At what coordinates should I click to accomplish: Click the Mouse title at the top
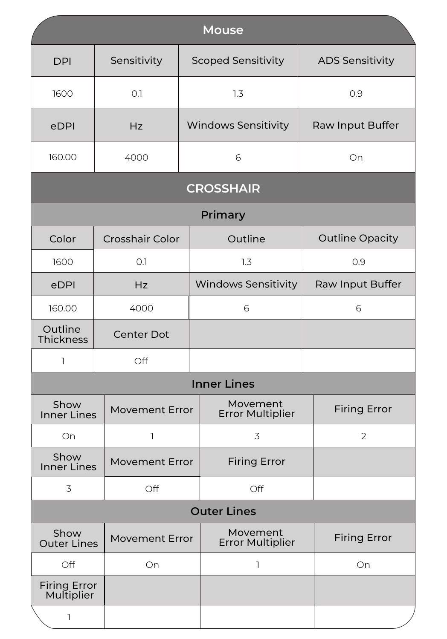pyautogui.click(x=223, y=30)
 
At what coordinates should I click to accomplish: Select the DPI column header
pyautogui.click(x=62, y=61)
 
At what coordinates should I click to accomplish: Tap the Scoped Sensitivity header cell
pyautogui.click(x=238, y=60)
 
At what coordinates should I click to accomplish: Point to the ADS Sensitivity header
pyautogui.click(x=356, y=60)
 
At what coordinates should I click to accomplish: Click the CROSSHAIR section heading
pyautogui.click(x=223, y=188)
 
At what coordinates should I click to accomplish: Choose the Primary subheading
pyautogui.click(x=223, y=215)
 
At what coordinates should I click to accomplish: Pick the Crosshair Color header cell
pyautogui.click(x=141, y=239)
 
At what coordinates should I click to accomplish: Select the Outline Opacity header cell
pyautogui.click(x=358, y=238)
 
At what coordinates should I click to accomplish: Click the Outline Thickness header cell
pyautogui.click(x=63, y=334)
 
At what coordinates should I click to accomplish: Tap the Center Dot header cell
pyautogui.click(x=141, y=334)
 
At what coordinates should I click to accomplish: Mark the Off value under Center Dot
pyautogui.click(x=141, y=361)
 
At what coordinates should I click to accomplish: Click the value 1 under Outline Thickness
pyautogui.click(x=63, y=361)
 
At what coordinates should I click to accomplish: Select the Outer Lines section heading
pyautogui.click(x=223, y=511)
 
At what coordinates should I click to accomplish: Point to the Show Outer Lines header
pyautogui.click(x=68, y=538)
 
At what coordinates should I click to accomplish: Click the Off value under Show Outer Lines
pyautogui.click(x=68, y=565)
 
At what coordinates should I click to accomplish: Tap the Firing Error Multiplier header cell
pyautogui.click(x=68, y=590)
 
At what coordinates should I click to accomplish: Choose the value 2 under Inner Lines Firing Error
pyautogui.click(x=363, y=436)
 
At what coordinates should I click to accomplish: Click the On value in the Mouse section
pyautogui.click(x=356, y=158)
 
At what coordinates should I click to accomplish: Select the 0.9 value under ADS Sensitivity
pyautogui.click(x=356, y=94)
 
